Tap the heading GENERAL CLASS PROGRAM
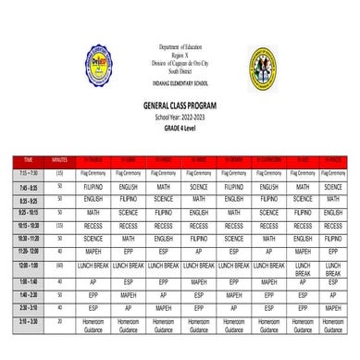pos(180,107)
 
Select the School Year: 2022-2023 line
pos(180,117)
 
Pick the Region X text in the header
pos(180,53)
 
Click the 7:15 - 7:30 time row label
pos(28,173)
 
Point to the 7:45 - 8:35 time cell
pos(28,186)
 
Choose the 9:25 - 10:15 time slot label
pos(28,212)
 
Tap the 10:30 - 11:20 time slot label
pos(28,238)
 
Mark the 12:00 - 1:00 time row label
pos(28,266)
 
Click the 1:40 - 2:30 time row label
pos(28,294)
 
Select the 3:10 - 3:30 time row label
pos(28,322)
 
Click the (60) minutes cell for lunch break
pos(60,266)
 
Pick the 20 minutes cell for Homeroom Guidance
pos(60,322)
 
